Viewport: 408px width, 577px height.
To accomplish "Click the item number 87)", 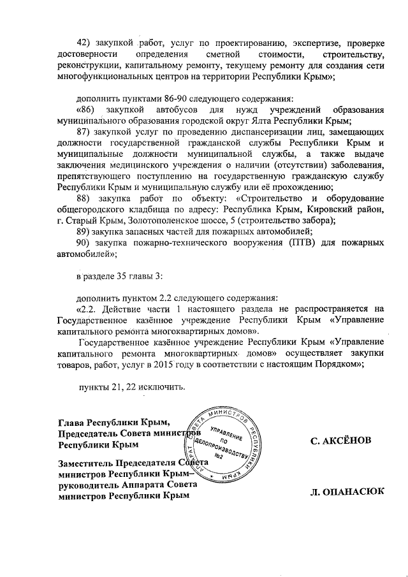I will [84, 131].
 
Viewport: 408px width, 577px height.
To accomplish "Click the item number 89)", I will [84, 232].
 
